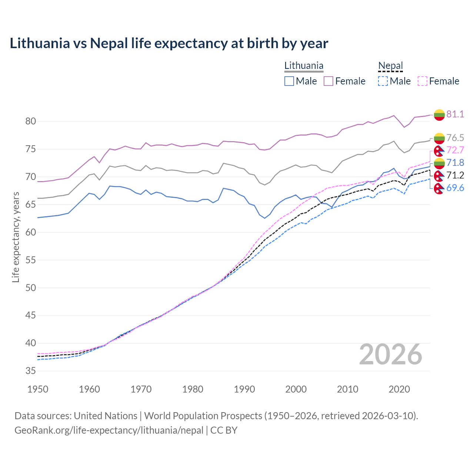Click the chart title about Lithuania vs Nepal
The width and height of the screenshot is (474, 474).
[169, 43]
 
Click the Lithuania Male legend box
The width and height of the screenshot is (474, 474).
[289, 81]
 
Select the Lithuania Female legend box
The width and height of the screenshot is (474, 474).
[328, 81]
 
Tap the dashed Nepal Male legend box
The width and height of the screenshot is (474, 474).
[383, 81]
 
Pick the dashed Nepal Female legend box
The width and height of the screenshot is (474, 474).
[422, 81]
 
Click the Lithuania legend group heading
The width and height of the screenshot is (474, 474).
[304, 66]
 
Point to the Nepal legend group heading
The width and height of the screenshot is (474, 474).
[390, 66]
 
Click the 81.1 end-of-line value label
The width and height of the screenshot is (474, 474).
[455, 114]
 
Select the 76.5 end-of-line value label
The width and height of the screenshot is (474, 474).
[455, 138]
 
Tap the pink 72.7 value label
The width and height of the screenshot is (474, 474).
[455, 150]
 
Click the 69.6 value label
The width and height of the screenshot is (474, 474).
[455, 188]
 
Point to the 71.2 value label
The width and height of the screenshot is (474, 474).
[455, 175]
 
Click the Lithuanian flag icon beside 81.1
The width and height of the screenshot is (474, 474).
[439, 115]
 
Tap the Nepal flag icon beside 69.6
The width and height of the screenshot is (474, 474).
[439, 188]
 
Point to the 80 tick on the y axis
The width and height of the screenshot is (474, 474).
[31, 121]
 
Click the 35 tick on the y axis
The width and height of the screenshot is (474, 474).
[31, 371]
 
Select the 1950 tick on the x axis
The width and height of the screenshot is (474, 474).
[38, 389]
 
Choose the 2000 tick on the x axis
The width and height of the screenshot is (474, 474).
[296, 389]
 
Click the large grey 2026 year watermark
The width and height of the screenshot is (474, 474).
[391, 354]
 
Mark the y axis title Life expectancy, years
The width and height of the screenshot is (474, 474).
[16, 237]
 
